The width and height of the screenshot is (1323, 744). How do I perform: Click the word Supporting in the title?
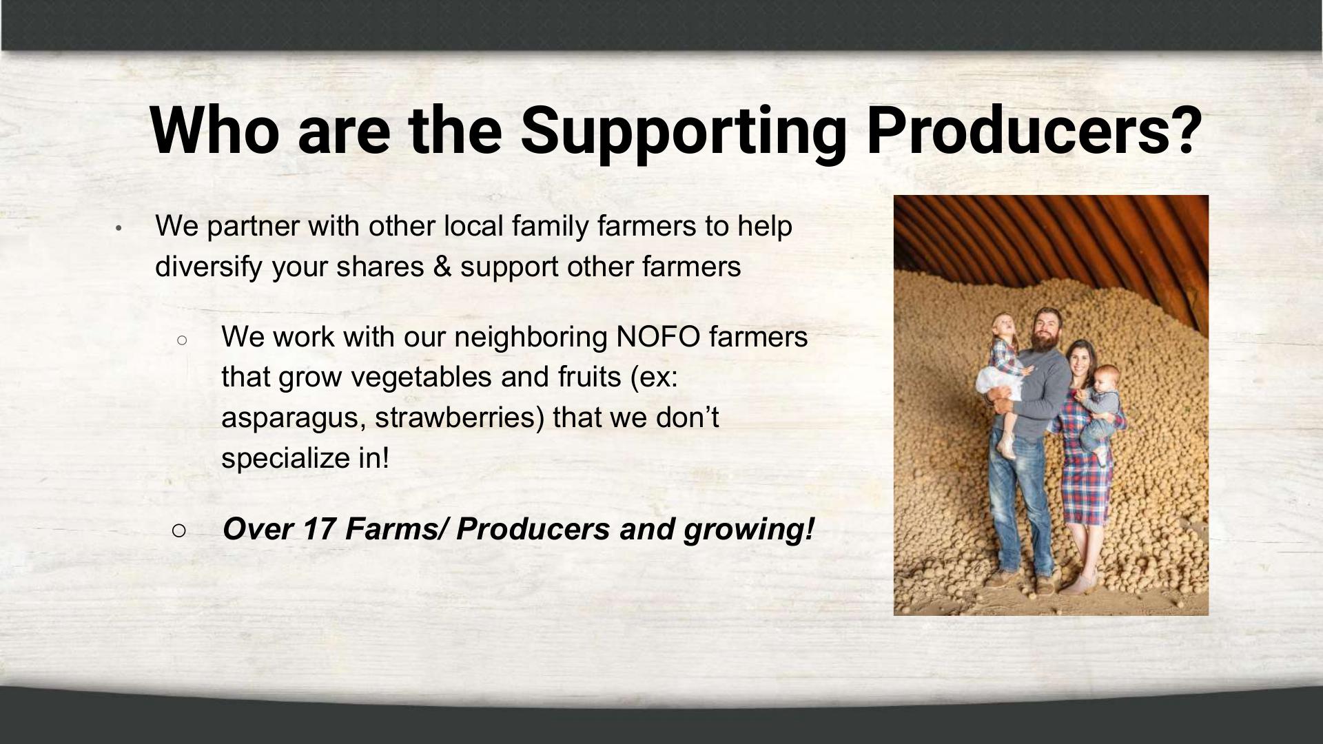pyautogui.click(x=682, y=132)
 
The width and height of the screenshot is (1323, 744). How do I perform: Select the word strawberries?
pyautogui.click(x=460, y=417)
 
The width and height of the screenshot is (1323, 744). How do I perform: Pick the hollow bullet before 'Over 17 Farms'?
pyautogui.click(x=179, y=530)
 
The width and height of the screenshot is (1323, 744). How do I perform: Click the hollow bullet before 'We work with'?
pyautogui.click(x=182, y=340)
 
